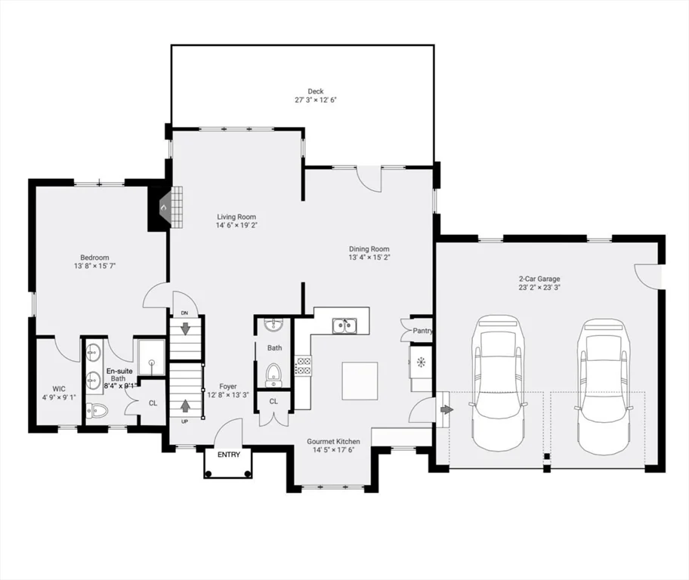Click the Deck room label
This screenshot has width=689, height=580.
316,91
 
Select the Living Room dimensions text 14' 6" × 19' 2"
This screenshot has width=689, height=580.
236,225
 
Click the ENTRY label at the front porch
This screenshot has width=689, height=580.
229,455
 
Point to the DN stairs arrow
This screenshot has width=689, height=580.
185,328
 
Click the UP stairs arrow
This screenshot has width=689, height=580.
185,405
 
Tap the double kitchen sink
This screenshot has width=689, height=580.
345,326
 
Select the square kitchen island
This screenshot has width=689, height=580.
360,381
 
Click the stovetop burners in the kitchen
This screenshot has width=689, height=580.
302,366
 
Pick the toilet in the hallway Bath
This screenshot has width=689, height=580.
273,375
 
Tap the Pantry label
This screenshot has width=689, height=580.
422,331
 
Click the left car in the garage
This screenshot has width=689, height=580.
497,383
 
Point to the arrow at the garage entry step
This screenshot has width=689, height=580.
446,409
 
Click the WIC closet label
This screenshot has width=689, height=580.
59,389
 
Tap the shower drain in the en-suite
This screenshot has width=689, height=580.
152,362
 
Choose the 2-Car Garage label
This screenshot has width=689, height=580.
539,279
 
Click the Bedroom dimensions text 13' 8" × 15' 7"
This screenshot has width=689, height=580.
94,266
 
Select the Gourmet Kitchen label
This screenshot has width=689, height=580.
333,442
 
